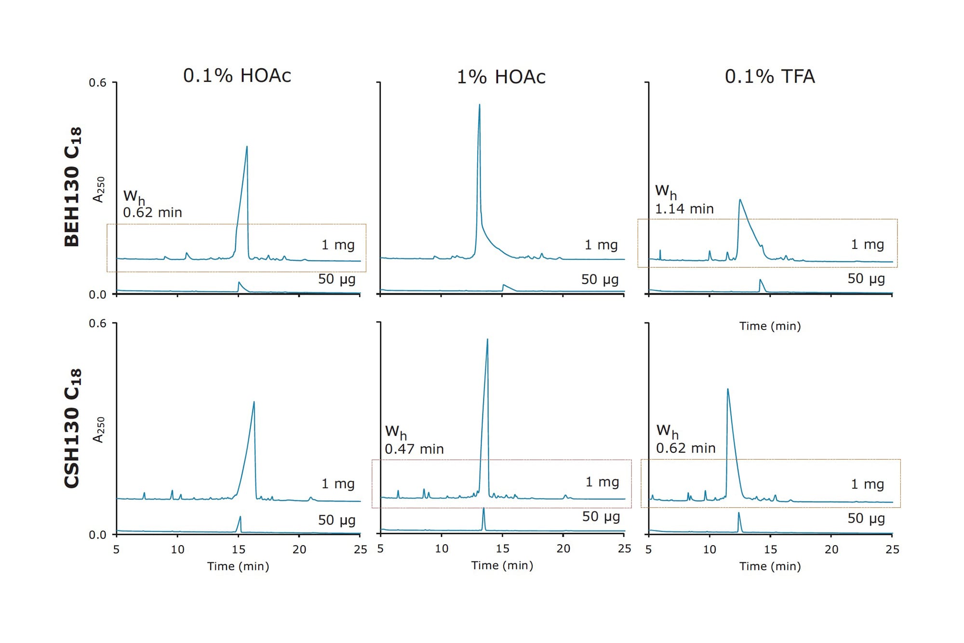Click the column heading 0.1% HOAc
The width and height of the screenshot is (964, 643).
point(237,76)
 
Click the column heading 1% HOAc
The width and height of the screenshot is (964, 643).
point(501,77)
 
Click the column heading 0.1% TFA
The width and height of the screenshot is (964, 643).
point(770,77)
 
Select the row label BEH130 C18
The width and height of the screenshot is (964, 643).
point(73,187)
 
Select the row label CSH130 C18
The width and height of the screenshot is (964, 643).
point(73,428)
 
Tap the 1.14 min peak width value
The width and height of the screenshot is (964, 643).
point(684,209)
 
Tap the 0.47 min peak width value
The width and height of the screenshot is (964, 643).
point(414,449)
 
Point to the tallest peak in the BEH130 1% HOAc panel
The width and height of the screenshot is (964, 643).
point(479,105)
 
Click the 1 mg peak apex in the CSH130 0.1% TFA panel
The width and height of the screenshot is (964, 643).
point(727,389)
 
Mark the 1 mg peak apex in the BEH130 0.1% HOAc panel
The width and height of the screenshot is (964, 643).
point(247,147)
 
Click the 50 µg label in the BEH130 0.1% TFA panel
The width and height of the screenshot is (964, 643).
point(866,278)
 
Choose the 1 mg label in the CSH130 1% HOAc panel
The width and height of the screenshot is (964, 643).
point(602,482)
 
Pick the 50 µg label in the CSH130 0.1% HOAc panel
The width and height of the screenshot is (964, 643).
point(336,520)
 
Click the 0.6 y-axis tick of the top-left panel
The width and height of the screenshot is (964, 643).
point(97,83)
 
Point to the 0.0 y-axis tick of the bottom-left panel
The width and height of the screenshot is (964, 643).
point(97,534)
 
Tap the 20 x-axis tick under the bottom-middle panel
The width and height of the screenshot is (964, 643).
point(563,548)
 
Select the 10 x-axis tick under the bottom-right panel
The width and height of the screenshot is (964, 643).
point(710,549)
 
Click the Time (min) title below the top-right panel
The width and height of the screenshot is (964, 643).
point(770,326)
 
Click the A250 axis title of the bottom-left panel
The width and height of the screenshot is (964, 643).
point(99,430)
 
